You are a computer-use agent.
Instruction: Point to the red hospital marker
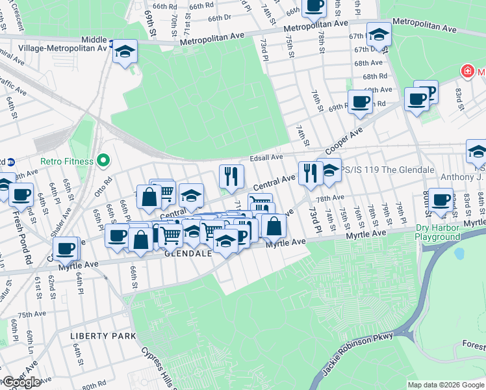coord(466,70)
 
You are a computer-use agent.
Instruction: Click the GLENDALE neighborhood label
coord(188,253)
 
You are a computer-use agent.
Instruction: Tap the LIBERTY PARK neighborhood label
coord(104,336)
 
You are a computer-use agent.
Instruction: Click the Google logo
coord(21,382)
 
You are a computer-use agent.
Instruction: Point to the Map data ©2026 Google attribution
coord(445,385)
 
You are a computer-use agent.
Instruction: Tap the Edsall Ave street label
coord(266,157)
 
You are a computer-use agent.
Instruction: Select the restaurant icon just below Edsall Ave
coord(231,174)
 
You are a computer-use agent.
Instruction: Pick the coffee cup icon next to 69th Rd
coord(359,101)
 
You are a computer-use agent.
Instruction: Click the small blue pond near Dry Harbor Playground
coord(459,253)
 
